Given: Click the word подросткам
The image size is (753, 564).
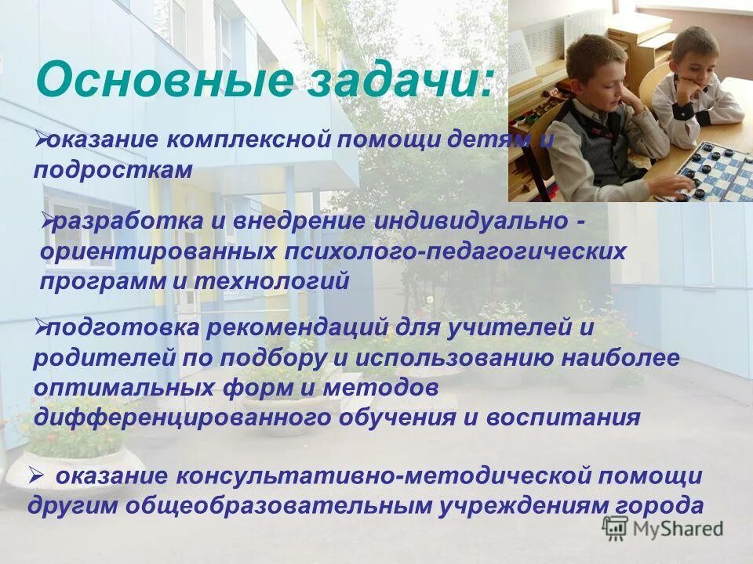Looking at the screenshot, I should (x=113, y=170).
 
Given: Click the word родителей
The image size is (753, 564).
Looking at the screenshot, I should (x=101, y=359).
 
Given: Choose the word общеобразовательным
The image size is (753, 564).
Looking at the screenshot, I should (x=267, y=506).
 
